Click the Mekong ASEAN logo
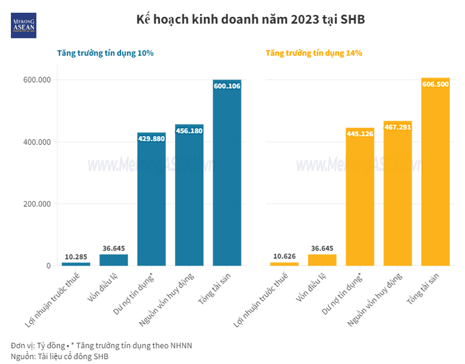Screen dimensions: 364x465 (24, 25)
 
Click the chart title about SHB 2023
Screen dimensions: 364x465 (250, 19)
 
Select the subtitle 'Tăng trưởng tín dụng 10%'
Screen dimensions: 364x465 (105, 53)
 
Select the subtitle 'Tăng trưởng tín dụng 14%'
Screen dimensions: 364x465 (314, 53)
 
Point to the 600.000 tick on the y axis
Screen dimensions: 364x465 (37, 80)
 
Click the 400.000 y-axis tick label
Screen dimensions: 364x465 (37, 142)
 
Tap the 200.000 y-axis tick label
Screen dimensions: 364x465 (37, 204)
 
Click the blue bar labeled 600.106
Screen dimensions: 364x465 (227, 176)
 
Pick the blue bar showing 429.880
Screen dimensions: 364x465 (151, 201)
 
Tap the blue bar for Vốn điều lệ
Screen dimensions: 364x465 (114, 260)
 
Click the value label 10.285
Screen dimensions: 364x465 (76, 257)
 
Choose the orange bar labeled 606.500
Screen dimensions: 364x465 (435, 176)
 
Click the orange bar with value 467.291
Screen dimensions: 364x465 (398, 194)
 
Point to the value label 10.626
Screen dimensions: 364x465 (284, 257)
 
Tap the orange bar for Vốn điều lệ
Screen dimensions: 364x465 (322, 260)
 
